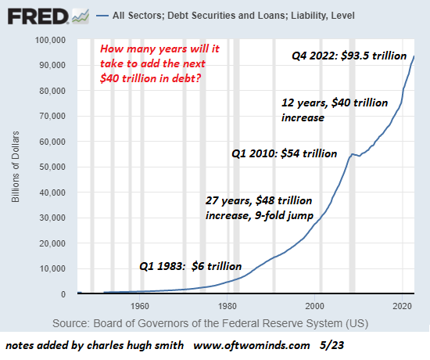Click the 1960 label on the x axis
140,307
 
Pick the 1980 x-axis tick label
228,307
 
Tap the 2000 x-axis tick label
315,307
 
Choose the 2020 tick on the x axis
403,307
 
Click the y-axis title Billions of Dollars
16,167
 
